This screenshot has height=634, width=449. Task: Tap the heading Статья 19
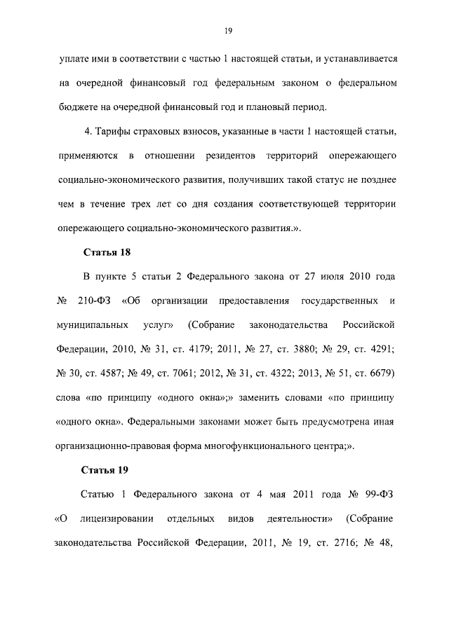pyautogui.click(x=107, y=469)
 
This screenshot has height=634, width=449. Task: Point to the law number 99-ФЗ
pyautogui.click(x=382, y=496)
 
